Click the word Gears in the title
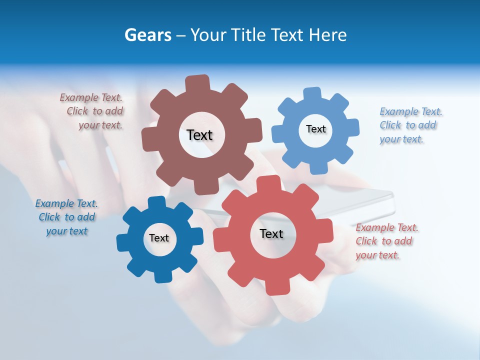pos(147,35)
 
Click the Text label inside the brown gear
pos(199,135)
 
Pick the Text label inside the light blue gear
pos(315,129)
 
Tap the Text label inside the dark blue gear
pos(159,238)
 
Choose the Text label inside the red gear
pos(271,233)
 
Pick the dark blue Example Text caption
pos(66,217)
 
